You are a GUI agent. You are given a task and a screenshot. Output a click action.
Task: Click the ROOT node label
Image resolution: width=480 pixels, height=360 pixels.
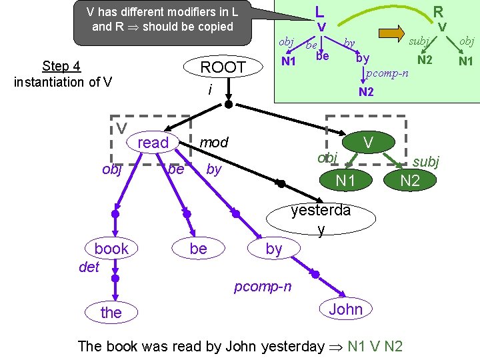(223, 67)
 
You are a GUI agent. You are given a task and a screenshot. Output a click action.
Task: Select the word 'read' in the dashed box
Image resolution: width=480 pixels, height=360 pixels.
(153, 143)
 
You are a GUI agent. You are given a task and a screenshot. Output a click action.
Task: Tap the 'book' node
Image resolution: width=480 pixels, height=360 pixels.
(111, 249)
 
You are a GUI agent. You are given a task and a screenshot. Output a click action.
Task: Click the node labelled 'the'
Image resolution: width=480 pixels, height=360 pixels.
(111, 312)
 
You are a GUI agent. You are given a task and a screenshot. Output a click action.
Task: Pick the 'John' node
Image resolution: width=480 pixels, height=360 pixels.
(345, 309)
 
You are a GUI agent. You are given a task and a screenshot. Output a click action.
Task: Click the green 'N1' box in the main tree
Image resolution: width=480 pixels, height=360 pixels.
(345, 179)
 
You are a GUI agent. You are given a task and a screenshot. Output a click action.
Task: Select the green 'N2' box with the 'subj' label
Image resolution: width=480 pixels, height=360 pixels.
(409, 179)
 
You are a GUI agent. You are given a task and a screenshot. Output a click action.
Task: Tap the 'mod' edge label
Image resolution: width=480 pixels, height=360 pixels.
(214, 142)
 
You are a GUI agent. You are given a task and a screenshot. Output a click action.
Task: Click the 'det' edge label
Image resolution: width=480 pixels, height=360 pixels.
(89, 267)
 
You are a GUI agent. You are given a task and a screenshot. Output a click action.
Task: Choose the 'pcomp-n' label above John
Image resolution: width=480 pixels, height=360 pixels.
(262, 287)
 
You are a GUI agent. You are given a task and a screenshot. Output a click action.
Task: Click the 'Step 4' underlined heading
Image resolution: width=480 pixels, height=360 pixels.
(61, 66)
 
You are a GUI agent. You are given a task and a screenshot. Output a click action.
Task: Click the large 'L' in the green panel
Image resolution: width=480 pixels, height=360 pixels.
(320, 11)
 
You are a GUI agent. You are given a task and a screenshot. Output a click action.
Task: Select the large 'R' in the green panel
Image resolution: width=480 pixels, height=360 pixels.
(438, 11)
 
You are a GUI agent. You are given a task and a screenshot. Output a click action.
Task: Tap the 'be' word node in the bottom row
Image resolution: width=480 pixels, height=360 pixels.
(198, 249)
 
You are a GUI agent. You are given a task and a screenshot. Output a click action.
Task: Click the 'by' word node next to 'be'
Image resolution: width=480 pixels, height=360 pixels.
(273, 249)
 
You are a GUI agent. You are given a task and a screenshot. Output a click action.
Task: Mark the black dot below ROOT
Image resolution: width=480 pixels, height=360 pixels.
(228, 105)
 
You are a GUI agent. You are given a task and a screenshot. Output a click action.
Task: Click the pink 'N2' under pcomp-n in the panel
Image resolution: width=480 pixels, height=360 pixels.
(366, 92)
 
